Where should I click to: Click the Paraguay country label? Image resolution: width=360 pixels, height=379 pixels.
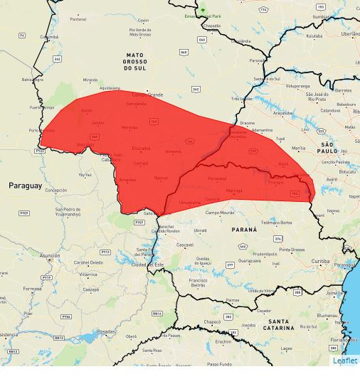click(x=26, y=185)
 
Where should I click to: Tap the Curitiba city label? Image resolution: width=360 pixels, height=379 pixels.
click(x=320, y=261)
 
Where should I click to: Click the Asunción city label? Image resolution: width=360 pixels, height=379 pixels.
click(x=50, y=255)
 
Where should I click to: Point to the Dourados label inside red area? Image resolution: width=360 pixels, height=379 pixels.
click(x=141, y=148)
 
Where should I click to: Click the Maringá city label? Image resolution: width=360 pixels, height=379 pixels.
click(x=234, y=191)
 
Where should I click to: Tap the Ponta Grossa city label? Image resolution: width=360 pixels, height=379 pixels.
click(x=292, y=250)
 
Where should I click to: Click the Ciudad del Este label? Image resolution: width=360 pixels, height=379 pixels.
click(x=148, y=265)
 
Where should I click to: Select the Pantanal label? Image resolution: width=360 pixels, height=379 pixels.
click(x=78, y=19)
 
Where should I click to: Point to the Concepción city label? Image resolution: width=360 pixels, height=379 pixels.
click(x=55, y=190)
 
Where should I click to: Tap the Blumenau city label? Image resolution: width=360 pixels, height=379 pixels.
click(x=328, y=314)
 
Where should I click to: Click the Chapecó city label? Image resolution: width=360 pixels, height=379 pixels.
click(x=212, y=321)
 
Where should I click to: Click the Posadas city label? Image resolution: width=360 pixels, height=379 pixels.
click(x=105, y=331)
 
